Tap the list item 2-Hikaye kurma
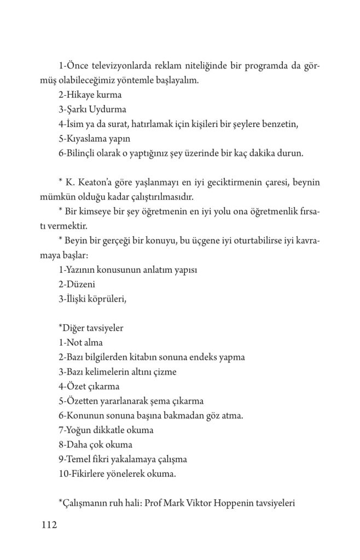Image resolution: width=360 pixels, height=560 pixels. coord(90,95)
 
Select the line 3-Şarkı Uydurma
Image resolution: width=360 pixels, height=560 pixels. coord(92,109)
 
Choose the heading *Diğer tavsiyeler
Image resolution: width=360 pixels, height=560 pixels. coord(91,328)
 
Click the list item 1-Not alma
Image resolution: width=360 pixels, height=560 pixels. coord(80,343)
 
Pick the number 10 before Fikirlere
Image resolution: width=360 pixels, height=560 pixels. coord(62,474)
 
